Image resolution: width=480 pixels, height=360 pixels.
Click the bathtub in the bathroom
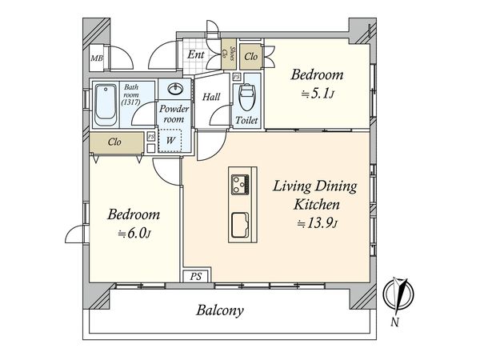click(106, 105)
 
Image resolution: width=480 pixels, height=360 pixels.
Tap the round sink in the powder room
click(175, 89)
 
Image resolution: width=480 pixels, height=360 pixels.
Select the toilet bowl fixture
click(246, 97)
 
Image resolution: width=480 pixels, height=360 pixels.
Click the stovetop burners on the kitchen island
click(240, 184)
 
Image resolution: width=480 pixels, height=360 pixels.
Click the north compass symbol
click(398, 294)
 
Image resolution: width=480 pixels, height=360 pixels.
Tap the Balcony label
click(220, 310)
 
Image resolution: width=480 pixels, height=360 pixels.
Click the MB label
click(97, 58)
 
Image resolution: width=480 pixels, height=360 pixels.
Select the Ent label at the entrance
click(196, 54)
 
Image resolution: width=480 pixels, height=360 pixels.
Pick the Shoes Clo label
click(228, 54)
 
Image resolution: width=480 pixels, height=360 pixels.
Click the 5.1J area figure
click(317, 94)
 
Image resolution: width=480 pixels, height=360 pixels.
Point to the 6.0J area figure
click(134, 234)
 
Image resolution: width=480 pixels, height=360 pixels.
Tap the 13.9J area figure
click(317, 223)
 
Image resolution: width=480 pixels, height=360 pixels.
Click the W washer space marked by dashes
click(170, 140)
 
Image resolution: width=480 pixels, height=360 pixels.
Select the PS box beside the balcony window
click(196, 277)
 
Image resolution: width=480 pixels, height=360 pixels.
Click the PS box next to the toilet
click(236, 77)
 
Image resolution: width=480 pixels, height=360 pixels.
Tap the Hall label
click(211, 97)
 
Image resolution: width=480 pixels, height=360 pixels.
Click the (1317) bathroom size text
click(130, 102)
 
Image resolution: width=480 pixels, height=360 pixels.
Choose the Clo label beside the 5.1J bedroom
click(251, 57)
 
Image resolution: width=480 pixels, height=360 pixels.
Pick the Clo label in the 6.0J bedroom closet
click(114, 142)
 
